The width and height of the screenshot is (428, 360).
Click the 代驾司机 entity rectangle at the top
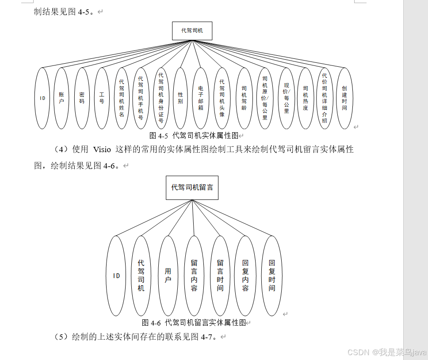tap(192, 31)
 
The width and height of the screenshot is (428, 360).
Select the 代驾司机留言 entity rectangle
tap(192, 188)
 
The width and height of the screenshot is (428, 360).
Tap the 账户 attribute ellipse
tap(61, 98)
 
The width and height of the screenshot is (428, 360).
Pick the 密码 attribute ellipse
tap(82, 98)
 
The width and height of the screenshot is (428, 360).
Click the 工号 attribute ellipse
tap(102, 98)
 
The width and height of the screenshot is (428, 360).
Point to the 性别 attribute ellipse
tap(180, 98)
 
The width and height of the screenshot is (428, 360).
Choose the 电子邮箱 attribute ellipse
tap(201, 98)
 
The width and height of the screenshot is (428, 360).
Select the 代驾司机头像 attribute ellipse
tap(222, 98)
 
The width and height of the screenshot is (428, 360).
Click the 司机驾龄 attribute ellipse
tap(244, 98)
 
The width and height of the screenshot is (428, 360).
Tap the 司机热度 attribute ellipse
tap(306, 98)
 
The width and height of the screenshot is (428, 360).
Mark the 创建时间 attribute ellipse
tap(344, 98)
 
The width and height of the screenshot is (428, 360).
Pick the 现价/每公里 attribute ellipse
tap(286, 98)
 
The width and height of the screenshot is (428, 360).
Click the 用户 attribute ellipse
tap(168, 276)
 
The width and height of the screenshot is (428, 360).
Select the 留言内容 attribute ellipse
tap(194, 276)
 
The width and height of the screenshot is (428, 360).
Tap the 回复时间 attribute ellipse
tap(272, 276)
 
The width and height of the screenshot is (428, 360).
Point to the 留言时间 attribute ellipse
tap(220, 276)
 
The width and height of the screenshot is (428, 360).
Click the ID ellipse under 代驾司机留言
tap(116, 276)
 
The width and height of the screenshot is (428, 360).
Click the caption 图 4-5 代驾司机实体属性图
tap(194, 135)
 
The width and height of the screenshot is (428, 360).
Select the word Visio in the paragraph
tap(102, 149)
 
